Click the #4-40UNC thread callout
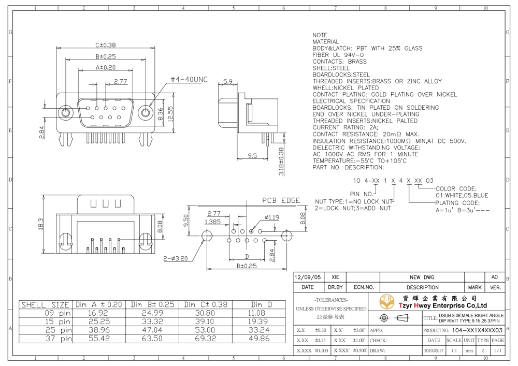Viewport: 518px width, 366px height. point(189,80)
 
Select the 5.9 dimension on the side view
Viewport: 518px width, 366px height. point(228,81)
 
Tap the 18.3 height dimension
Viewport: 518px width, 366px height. point(41,224)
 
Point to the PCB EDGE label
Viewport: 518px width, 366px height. point(281,200)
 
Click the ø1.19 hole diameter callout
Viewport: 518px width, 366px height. point(272,217)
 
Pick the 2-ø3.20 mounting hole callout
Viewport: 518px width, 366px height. point(176,258)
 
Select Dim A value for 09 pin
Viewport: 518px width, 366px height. point(98,313)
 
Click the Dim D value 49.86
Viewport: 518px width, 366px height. point(258,338)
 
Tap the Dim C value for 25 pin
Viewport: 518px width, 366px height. point(205,330)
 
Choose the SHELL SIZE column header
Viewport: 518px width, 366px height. point(45,304)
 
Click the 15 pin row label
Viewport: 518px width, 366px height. point(58,321)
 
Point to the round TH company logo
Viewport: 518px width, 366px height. point(387,301)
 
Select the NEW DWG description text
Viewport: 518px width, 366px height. point(422,277)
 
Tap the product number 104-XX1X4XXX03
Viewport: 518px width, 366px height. point(477,330)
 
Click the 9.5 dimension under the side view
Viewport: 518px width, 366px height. point(252,155)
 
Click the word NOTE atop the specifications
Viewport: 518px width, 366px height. point(320,35)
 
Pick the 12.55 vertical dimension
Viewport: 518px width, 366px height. point(170,114)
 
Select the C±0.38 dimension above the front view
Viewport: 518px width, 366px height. point(105,45)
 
